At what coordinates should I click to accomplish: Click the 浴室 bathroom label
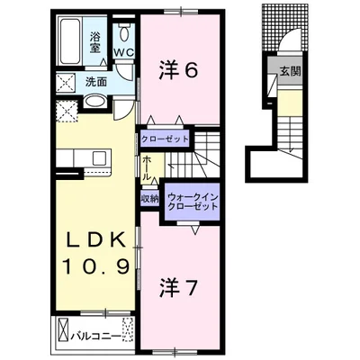[x=95, y=42]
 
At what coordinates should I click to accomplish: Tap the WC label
[x=123, y=52]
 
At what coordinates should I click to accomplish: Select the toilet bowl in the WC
[x=123, y=34]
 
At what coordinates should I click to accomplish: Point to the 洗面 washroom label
[x=96, y=82]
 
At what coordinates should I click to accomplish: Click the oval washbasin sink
[x=94, y=101]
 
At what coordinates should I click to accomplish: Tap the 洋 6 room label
[x=178, y=71]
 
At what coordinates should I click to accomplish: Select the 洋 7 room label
[x=178, y=287]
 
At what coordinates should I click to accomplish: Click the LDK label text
[x=95, y=240]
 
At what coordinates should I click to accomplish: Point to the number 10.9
[x=96, y=265]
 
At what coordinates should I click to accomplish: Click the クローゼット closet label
[x=165, y=139]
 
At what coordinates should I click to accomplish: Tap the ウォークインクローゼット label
[x=193, y=202]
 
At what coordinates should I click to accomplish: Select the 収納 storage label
[x=149, y=199]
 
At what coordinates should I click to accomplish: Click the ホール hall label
[x=146, y=167]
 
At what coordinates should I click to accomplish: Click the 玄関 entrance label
[x=290, y=71]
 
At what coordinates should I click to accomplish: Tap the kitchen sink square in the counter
[x=100, y=158]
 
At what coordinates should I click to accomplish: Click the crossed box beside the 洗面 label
[x=67, y=82]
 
